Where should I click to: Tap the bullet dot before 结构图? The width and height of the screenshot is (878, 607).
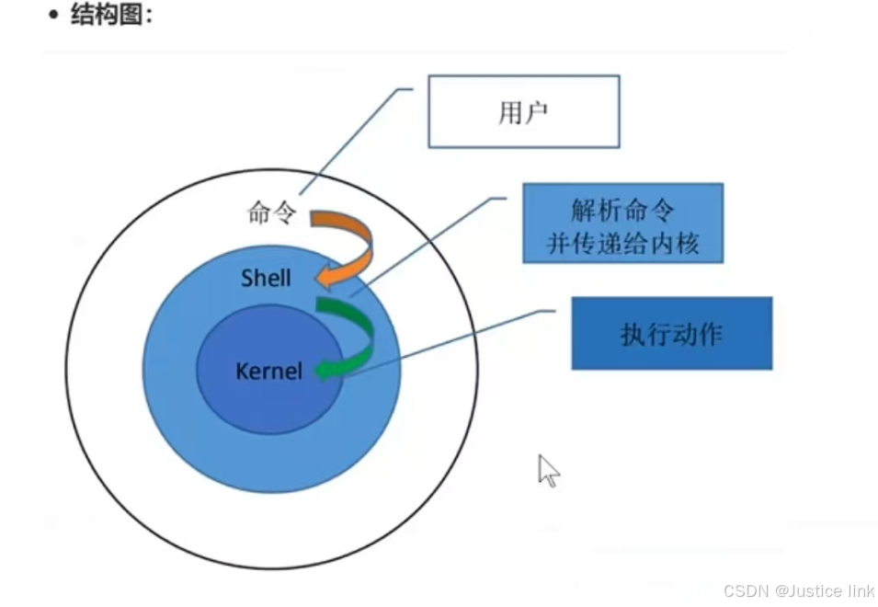pos(53,16)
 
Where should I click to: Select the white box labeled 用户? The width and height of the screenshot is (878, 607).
pos(523,111)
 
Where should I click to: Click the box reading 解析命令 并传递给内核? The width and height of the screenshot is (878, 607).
pos(622,223)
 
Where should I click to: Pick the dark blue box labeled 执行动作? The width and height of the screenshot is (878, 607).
pos(671,333)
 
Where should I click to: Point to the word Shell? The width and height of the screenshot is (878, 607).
pos(266,277)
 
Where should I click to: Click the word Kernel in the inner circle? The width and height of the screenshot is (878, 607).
pos(268,371)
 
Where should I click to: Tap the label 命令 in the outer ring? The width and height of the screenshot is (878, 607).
pos(271,213)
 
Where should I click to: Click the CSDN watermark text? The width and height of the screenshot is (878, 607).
pos(747,590)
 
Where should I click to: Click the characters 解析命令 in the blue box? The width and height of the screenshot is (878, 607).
pos(622,210)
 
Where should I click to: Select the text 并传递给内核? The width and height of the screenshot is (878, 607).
pos(622,243)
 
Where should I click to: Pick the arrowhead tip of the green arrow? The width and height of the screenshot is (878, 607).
pos(317,371)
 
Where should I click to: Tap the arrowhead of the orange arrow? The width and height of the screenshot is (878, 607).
pos(317,277)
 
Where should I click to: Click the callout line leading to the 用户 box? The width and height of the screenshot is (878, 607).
pos(354,138)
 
